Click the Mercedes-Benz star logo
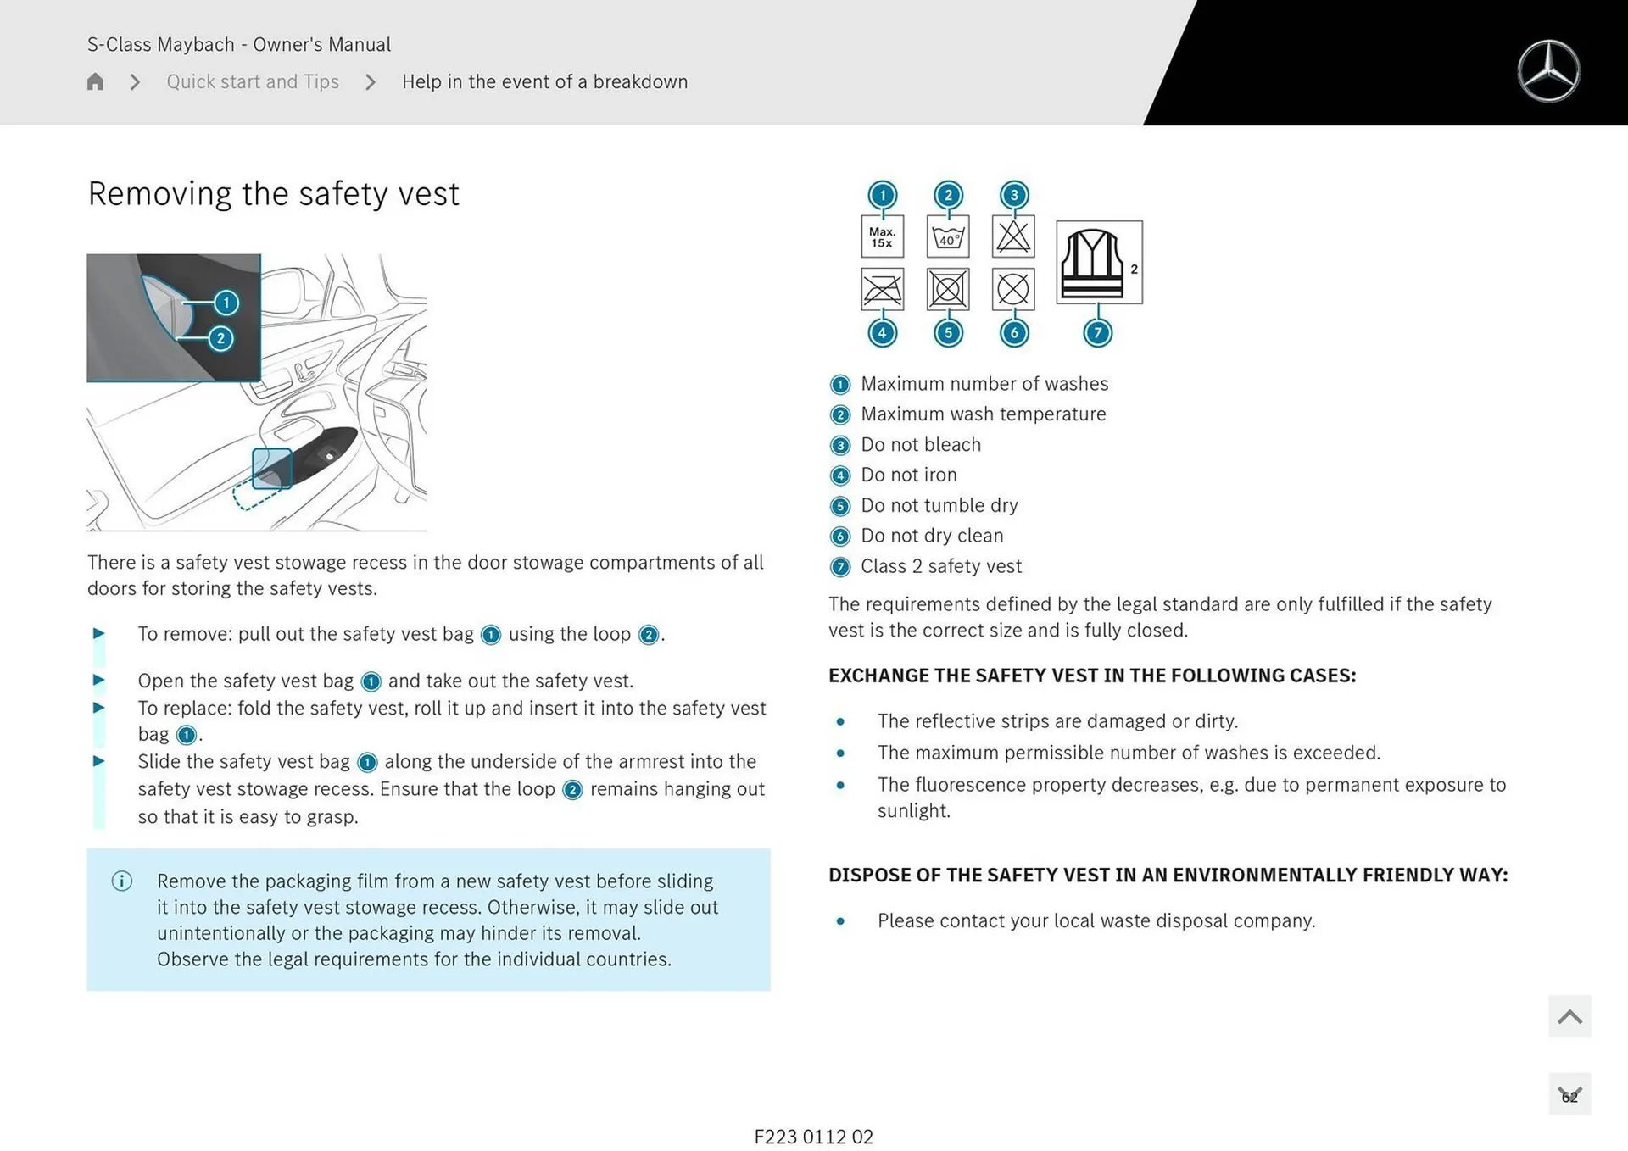(x=1548, y=71)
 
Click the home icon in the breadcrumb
(x=95, y=81)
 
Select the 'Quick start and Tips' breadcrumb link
(x=253, y=81)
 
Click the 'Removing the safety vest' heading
(x=273, y=193)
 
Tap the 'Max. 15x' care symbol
(x=882, y=236)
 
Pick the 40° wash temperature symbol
(x=948, y=236)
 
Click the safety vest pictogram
(x=1098, y=262)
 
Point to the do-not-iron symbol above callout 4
(x=882, y=290)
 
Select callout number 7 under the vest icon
(x=1097, y=332)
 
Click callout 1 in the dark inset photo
(x=226, y=303)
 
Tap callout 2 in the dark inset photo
(x=220, y=338)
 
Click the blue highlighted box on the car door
(x=272, y=469)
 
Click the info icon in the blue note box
(x=122, y=881)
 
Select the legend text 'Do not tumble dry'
(x=939, y=505)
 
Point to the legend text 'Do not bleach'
(x=920, y=444)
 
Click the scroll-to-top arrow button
(x=1569, y=1016)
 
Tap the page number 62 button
(x=1569, y=1095)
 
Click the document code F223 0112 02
(x=813, y=1137)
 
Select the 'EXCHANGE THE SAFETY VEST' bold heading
(x=1091, y=676)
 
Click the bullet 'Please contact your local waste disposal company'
(x=1096, y=920)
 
